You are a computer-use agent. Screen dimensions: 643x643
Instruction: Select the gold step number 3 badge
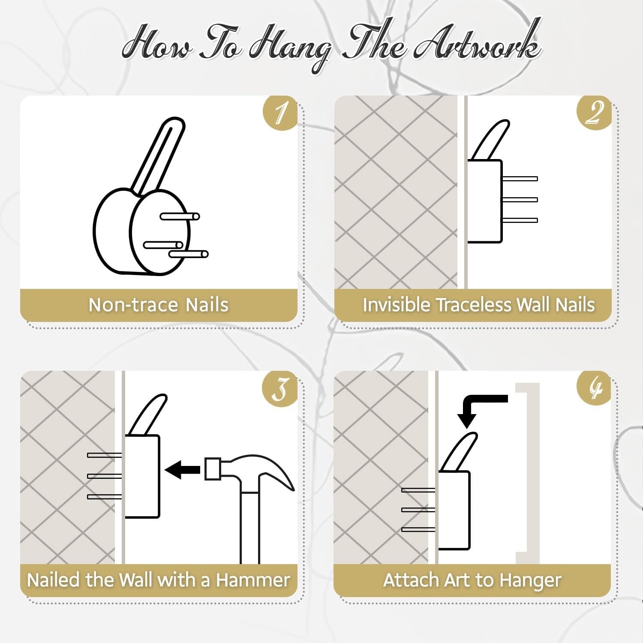[280, 388]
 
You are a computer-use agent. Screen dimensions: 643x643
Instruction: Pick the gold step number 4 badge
[594, 388]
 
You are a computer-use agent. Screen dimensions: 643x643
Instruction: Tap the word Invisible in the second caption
[397, 305]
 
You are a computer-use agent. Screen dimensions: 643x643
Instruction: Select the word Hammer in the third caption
[253, 580]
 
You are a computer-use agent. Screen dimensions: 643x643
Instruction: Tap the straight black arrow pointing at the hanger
[182, 470]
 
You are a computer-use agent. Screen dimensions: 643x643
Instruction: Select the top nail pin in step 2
[520, 179]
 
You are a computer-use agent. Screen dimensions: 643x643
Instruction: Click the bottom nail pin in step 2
[520, 220]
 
